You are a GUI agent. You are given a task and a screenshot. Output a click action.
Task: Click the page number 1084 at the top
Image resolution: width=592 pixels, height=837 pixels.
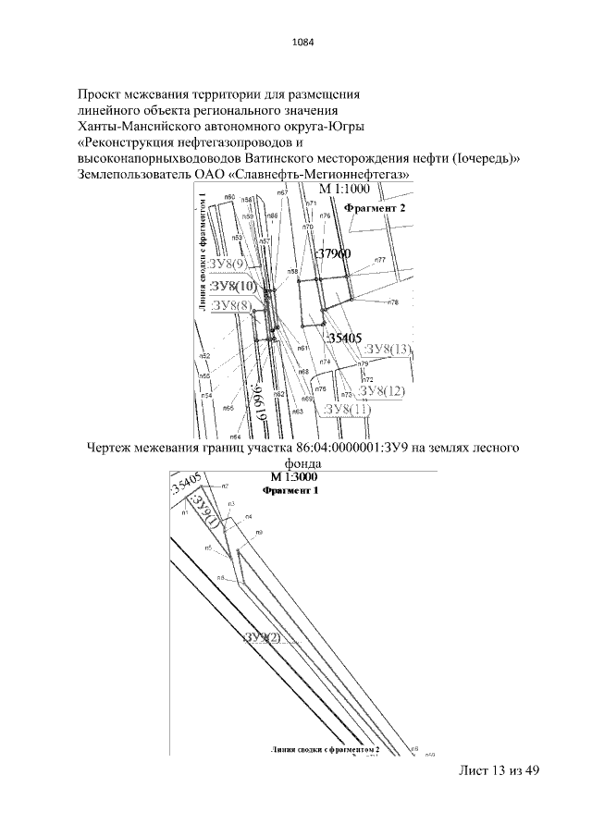302,42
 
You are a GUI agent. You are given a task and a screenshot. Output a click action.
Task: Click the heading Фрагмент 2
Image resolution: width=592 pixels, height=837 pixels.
375,209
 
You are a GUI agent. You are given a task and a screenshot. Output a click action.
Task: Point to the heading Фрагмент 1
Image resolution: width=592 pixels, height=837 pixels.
290,491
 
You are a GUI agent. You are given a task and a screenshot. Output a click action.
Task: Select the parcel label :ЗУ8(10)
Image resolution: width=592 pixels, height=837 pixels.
233,286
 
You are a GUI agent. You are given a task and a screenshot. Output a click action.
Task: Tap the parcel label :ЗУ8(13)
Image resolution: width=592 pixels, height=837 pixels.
387,349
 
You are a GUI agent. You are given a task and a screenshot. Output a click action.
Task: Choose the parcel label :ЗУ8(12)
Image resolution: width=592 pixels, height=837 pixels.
382,391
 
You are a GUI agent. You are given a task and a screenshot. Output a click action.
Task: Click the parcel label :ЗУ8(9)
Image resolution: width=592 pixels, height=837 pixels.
228,265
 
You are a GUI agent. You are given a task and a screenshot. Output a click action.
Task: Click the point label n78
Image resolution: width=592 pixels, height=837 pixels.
393,302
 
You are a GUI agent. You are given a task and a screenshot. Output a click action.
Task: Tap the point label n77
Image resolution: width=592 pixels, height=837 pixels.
380,260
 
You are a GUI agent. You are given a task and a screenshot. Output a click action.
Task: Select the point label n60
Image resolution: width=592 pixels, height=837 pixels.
229,197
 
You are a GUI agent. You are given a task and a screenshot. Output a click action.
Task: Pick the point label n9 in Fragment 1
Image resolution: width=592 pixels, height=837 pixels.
261,533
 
